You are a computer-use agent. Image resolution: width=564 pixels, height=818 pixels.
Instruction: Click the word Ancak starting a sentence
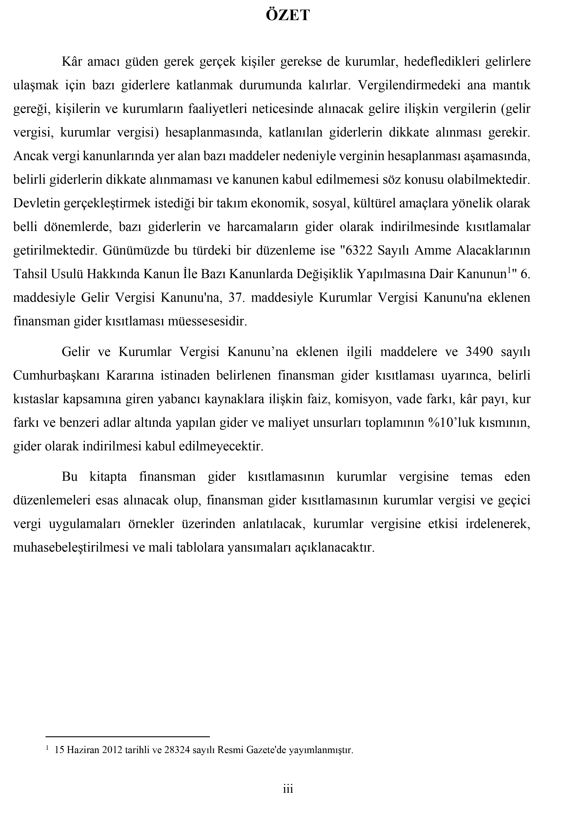coord(30,156)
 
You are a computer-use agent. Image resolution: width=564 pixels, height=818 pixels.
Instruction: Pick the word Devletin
coord(36,204)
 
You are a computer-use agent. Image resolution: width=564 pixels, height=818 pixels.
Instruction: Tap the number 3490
coord(479,352)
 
